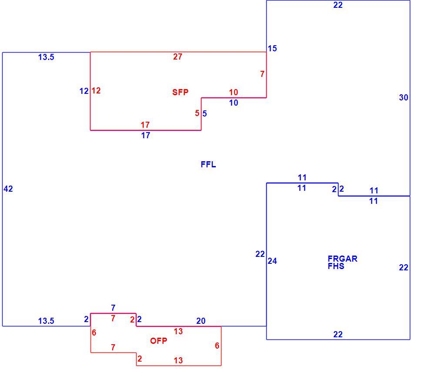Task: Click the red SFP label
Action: tap(180, 92)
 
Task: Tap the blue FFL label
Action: tap(208, 164)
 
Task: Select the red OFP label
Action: tap(158, 341)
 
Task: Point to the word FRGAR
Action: tap(342, 259)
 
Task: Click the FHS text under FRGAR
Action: tap(336, 266)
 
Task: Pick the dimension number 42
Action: tap(8, 189)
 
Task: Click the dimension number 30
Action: tap(403, 97)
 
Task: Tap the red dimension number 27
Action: tap(178, 57)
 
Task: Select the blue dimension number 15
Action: tap(272, 48)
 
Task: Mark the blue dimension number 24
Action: tap(272, 261)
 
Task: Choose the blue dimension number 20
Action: tap(201, 321)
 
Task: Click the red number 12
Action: tap(96, 90)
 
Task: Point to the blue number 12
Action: tap(84, 91)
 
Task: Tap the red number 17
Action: tap(145, 125)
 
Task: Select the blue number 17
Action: tap(146, 135)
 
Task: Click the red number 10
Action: tap(233, 92)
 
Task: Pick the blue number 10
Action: tap(234, 103)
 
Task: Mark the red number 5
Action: tap(197, 113)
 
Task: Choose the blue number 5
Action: tap(204, 113)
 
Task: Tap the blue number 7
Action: tap(113, 308)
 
